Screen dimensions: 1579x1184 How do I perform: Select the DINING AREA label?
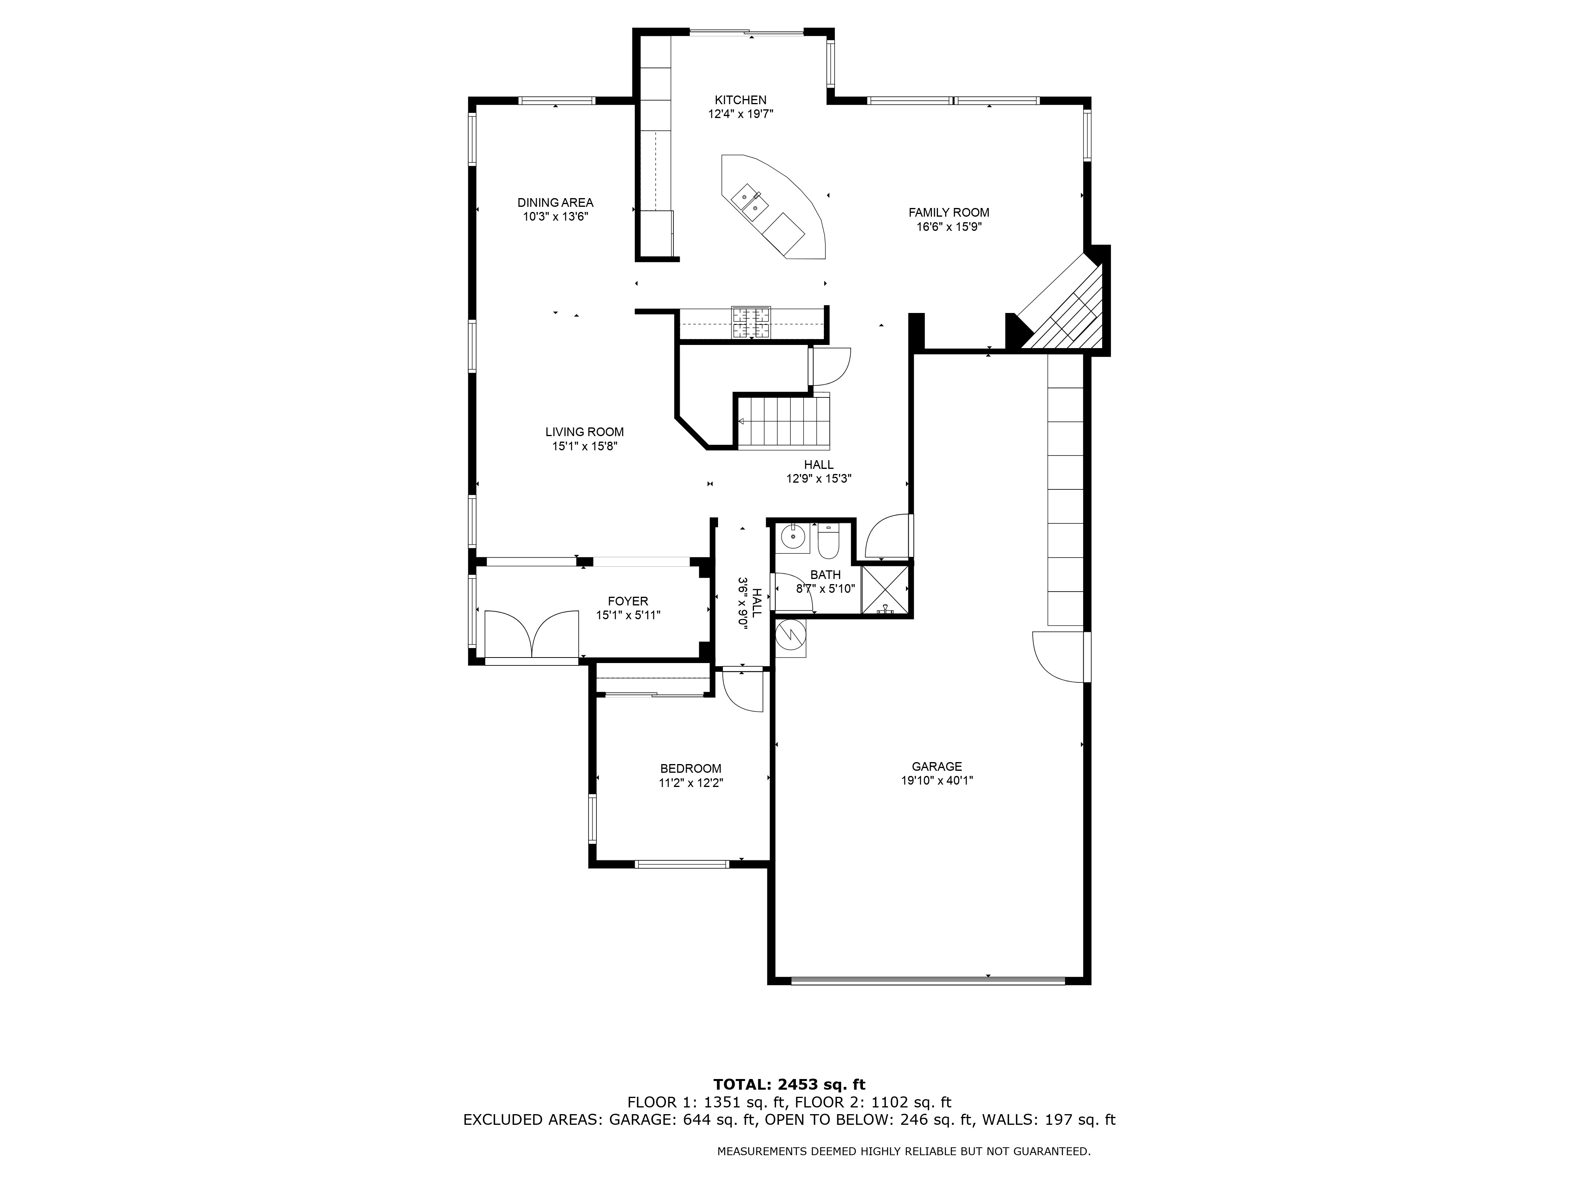(x=555, y=203)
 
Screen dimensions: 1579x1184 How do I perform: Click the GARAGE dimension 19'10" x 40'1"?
(x=937, y=781)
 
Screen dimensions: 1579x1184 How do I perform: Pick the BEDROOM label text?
(x=690, y=769)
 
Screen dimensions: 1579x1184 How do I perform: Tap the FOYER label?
(x=628, y=601)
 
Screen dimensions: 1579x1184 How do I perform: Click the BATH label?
(x=825, y=575)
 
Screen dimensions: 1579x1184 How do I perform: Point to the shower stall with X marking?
(x=886, y=590)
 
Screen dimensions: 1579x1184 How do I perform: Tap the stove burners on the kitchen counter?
(x=751, y=322)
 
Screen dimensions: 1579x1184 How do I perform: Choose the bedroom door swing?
(x=743, y=691)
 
